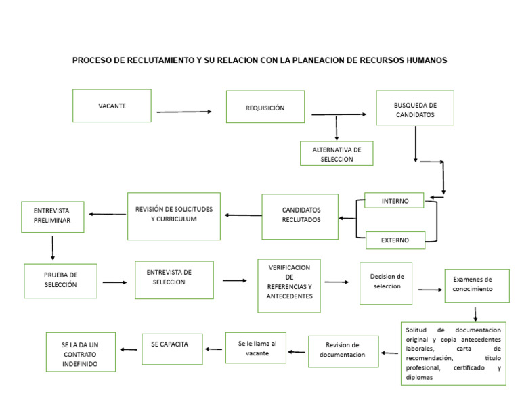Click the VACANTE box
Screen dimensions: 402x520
[x=112, y=106]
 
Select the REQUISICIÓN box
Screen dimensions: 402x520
[x=265, y=108]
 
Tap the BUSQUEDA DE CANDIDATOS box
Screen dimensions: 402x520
[x=414, y=108]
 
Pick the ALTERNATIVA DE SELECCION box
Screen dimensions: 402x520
[x=337, y=154]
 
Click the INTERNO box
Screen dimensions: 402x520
[x=395, y=200]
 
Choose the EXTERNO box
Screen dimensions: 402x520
[x=395, y=240]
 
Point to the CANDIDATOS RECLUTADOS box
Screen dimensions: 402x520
[x=300, y=217]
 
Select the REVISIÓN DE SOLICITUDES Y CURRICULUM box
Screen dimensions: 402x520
[x=173, y=216]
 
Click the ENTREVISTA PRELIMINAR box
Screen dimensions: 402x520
[x=53, y=217]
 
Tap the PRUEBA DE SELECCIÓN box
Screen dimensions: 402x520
[x=60, y=280]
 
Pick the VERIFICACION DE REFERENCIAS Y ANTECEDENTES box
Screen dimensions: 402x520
[x=289, y=286]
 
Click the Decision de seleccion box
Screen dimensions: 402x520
[x=386, y=283]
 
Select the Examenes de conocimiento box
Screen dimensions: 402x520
[x=477, y=286]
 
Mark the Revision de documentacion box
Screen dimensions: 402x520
[x=343, y=351]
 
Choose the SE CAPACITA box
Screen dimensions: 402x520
[x=172, y=349]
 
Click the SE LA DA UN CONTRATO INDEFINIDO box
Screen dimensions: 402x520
[x=81, y=351]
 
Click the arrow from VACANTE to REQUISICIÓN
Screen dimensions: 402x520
[x=183, y=112]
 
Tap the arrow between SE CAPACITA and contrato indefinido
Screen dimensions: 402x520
[x=129, y=349]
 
